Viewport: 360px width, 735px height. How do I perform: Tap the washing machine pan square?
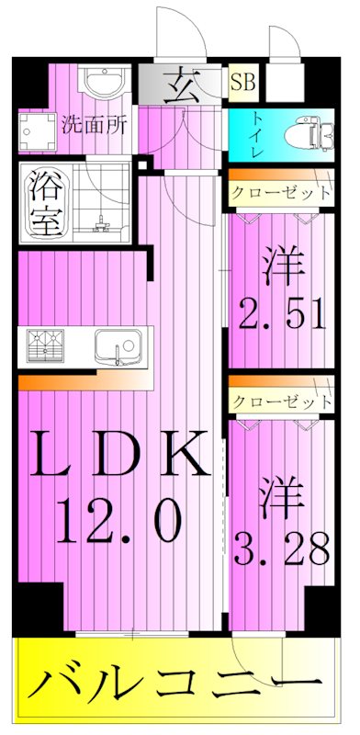tap(38, 136)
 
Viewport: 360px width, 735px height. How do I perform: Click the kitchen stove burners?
tap(48, 345)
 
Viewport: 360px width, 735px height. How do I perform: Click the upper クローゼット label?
tap(280, 194)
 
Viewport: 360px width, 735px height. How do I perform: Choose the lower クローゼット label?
tap(280, 401)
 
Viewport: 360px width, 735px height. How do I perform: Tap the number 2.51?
tap(282, 315)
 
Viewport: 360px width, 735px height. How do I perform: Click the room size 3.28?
tap(282, 551)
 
